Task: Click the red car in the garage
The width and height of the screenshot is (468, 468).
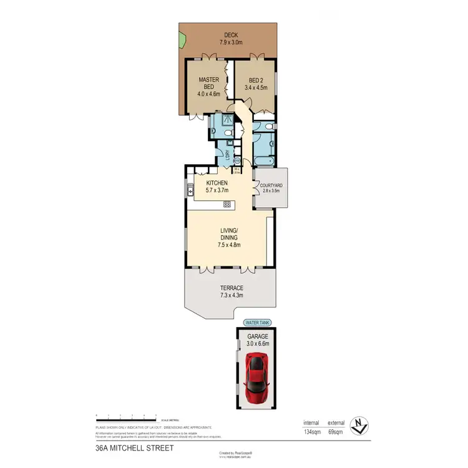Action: pyautogui.click(x=256, y=378)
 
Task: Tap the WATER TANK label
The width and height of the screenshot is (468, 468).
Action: pyautogui.click(x=256, y=323)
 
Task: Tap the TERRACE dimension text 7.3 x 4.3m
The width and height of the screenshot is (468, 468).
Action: pyautogui.click(x=230, y=295)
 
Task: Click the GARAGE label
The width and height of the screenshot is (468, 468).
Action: pyautogui.click(x=256, y=336)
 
